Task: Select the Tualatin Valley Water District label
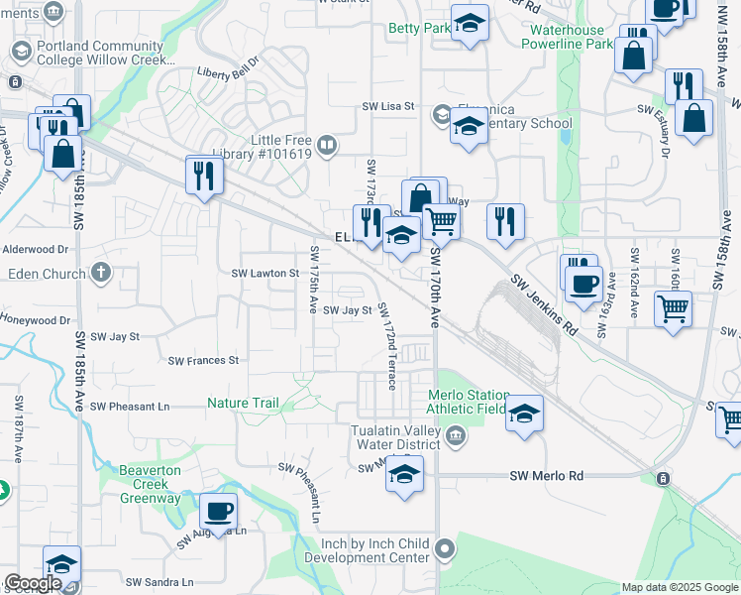click(398, 437)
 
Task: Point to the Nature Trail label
click(243, 403)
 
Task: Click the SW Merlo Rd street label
click(546, 476)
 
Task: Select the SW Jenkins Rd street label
click(544, 303)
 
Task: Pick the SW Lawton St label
click(265, 273)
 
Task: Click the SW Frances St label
click(203, 361)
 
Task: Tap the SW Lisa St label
click(387, 106)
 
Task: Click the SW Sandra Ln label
click(160, 582)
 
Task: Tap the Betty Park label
click(420, 29)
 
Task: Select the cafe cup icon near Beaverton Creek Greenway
click(218, 512)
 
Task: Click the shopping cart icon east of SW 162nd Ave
click(673, 307)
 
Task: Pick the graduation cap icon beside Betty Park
click(470, 22)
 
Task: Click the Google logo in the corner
click(33, 584)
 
